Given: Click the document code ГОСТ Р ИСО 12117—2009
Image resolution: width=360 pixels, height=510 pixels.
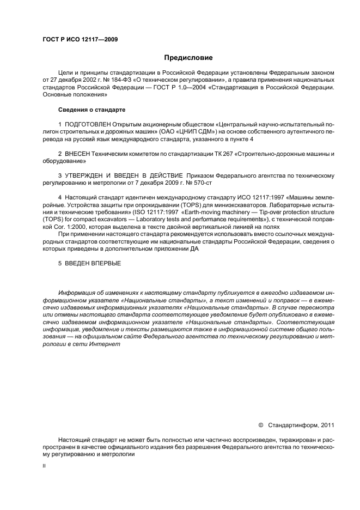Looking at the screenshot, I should [80, 39].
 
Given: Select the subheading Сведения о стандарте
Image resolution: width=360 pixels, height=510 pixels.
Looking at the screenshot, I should [86, 110].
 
